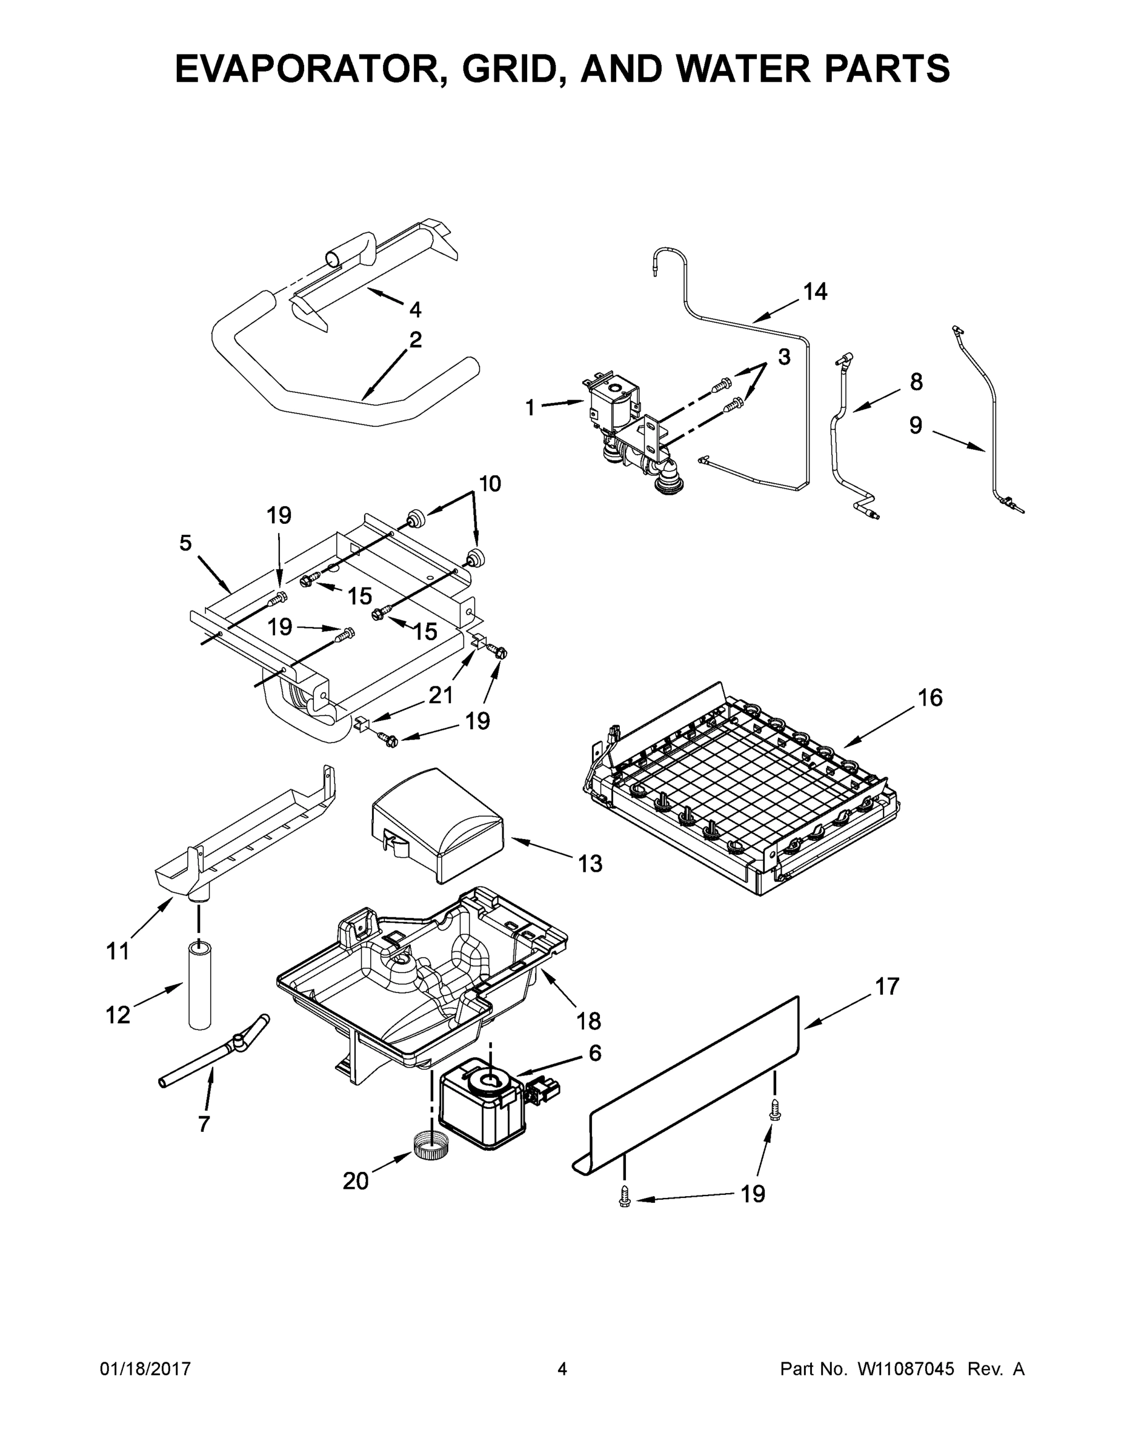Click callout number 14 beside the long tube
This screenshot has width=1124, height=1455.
(x=814, y=291)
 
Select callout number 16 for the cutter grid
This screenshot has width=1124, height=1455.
(x=930, y=698)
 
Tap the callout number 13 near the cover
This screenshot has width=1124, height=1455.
(x=590, y=863)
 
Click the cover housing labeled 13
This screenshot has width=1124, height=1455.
(x=439, y=826)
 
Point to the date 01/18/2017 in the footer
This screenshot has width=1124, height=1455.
(x=145, y=1369)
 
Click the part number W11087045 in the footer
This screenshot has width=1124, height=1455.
(x=906, y=1369)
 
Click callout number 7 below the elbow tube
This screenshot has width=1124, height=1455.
(x=204, y=1124)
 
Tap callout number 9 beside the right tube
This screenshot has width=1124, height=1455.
(x=916, y=425)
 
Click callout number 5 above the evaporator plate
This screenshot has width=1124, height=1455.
(x=185, y=543)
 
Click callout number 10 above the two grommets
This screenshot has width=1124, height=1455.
(x=490, y=483)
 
